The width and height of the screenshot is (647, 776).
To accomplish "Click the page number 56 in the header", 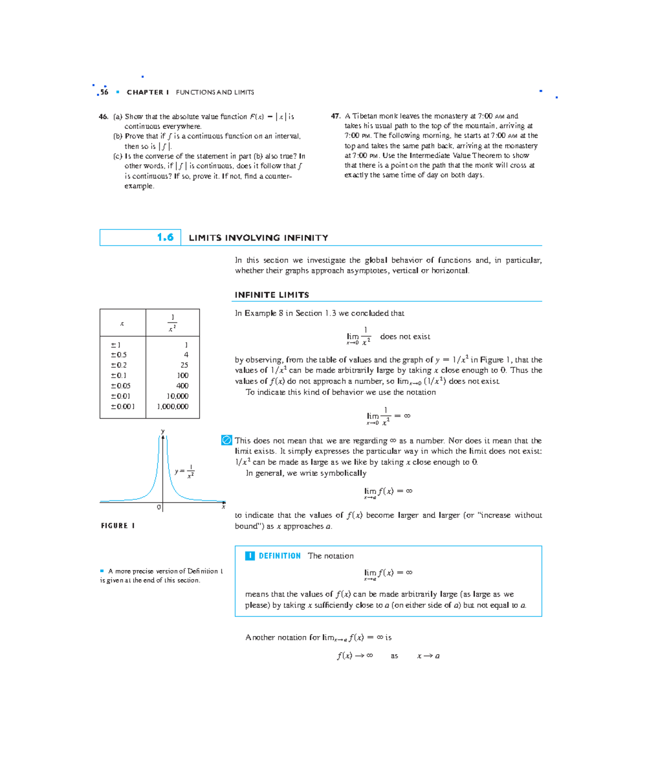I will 104,92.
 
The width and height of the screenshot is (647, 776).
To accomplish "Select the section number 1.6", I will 165,237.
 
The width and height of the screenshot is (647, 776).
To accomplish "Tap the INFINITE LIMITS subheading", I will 272,295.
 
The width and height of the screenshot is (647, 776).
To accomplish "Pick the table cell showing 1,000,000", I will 173,407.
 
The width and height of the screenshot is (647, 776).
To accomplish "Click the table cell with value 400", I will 182,386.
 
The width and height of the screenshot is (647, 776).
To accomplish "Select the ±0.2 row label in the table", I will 119,365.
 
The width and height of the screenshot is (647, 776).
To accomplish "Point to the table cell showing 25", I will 184,365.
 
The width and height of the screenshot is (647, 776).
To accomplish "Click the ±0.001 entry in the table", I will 122,407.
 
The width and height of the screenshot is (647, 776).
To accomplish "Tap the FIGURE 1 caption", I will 118,526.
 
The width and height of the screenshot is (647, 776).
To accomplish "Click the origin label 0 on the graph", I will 159,507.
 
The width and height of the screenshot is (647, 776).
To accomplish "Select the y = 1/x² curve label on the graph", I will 184,471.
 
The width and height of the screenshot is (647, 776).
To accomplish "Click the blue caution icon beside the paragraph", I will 226,441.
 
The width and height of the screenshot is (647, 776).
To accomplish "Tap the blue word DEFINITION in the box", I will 279,556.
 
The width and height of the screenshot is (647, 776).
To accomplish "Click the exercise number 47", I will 335,116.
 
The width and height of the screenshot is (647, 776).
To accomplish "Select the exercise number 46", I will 104,116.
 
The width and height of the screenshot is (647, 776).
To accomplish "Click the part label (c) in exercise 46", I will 118,156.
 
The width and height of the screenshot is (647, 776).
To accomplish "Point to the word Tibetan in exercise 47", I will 364,116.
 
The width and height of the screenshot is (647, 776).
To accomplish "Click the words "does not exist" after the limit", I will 405,337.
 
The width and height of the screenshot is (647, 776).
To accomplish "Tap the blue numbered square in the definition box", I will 250,556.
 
